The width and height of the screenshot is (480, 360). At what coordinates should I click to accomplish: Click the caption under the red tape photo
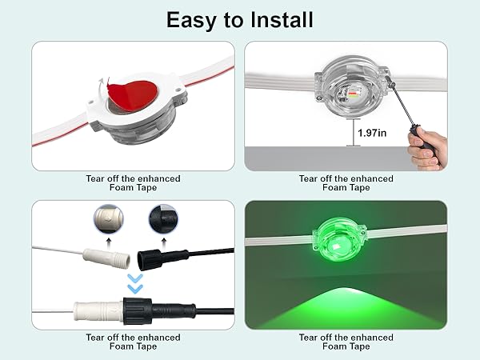133,183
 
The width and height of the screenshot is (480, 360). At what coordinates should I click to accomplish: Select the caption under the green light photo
346,342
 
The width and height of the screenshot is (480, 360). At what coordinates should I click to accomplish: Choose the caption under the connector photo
133,342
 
